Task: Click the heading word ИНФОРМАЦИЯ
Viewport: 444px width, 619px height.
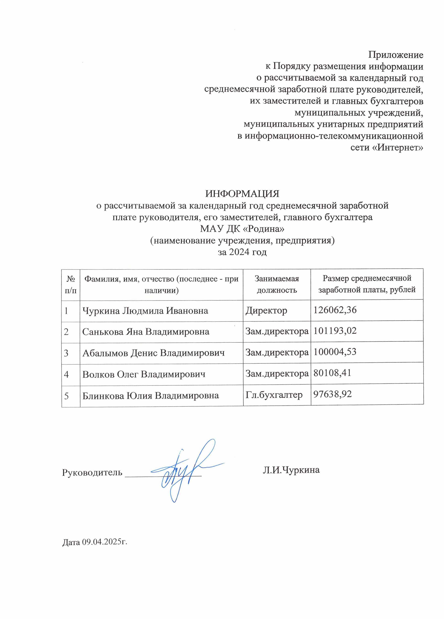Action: coord(242,194)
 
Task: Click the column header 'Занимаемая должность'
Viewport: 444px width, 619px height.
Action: coord(277,284)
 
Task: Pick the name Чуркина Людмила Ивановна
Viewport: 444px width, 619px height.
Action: coord(145,311)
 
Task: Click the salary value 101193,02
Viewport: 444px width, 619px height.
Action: coord(335,331)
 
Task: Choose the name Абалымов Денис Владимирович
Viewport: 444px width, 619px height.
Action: coord(153,353)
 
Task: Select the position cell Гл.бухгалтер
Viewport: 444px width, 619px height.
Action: coord(274,395)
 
